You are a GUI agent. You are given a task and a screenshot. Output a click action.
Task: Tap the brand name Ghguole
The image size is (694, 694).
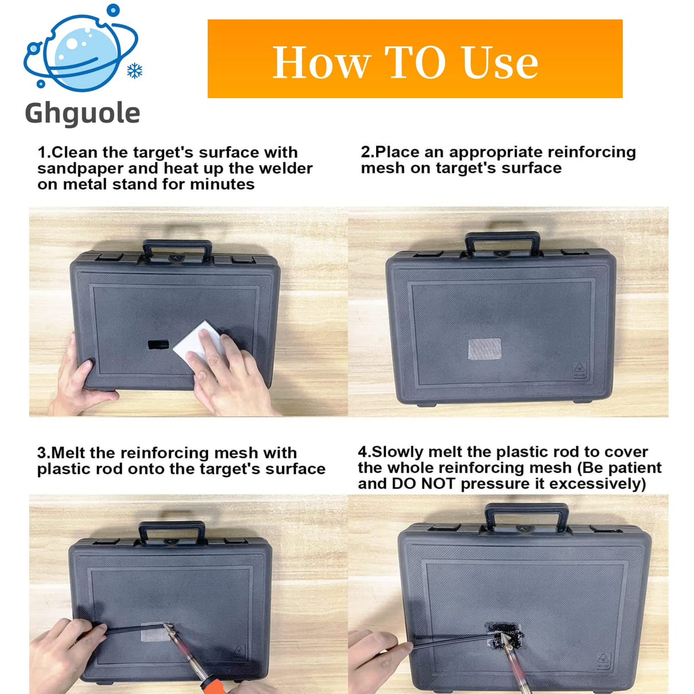83,113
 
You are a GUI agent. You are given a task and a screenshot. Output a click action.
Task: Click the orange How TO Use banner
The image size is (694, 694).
414,59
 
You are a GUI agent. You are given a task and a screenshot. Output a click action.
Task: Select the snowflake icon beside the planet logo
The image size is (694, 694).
134,71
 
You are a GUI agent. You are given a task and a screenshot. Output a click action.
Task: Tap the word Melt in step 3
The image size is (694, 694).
69,453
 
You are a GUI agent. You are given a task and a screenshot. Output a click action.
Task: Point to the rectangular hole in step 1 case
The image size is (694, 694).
158,345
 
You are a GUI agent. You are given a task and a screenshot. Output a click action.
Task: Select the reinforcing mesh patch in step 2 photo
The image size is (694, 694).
485,349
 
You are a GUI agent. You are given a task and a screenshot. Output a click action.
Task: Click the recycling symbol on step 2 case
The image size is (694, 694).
580,371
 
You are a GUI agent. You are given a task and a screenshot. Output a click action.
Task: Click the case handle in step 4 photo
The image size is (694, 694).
527,514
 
